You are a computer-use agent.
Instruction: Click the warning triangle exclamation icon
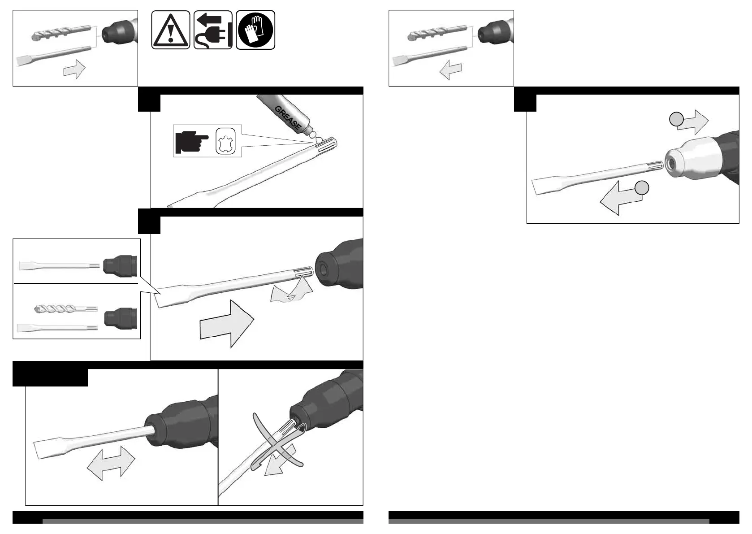coord(170,30)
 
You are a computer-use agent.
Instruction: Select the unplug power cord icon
coord(213,30)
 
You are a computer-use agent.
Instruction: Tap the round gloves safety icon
coord(255,30)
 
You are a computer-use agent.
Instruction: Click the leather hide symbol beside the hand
coord(225,142)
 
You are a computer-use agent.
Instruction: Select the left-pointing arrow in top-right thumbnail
coord(450,69)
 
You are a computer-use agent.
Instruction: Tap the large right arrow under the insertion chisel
coord(227,323)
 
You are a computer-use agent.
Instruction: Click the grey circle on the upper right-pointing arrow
coord(676,119)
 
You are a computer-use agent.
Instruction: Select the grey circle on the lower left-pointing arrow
coord(642,188)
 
